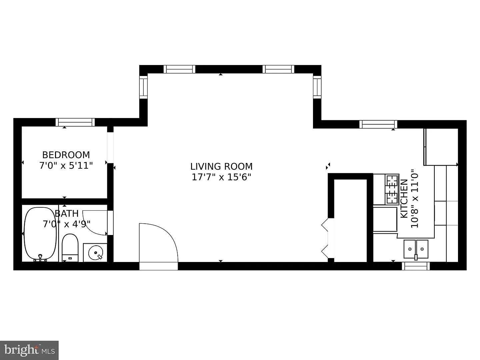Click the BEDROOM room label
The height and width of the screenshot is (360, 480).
[x=66, y=155]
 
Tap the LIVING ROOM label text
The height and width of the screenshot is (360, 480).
[x=221, y=167]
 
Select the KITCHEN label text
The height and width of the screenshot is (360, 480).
[x=404, y=199]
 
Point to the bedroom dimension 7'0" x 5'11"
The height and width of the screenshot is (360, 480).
[x=66, y=166]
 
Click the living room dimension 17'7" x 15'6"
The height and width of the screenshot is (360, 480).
[x=221, y=177]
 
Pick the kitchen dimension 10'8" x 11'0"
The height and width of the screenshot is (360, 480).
[x=415, y=198]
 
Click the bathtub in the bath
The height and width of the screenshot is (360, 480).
[x=40, y=234]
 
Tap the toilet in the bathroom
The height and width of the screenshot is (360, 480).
[x=70, y=248]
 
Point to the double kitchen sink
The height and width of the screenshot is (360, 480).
[x=416, y=249]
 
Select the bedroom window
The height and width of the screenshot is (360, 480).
[x=75, y=122]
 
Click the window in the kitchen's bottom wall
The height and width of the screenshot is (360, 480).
[x=416, y=266]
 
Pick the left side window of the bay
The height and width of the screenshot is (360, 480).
[x=143, y=87]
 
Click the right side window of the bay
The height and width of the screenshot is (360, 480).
[x=317, y=87]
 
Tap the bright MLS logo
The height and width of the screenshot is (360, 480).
[x=29, y=350]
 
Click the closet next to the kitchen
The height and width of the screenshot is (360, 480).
[x=350, y=220]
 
